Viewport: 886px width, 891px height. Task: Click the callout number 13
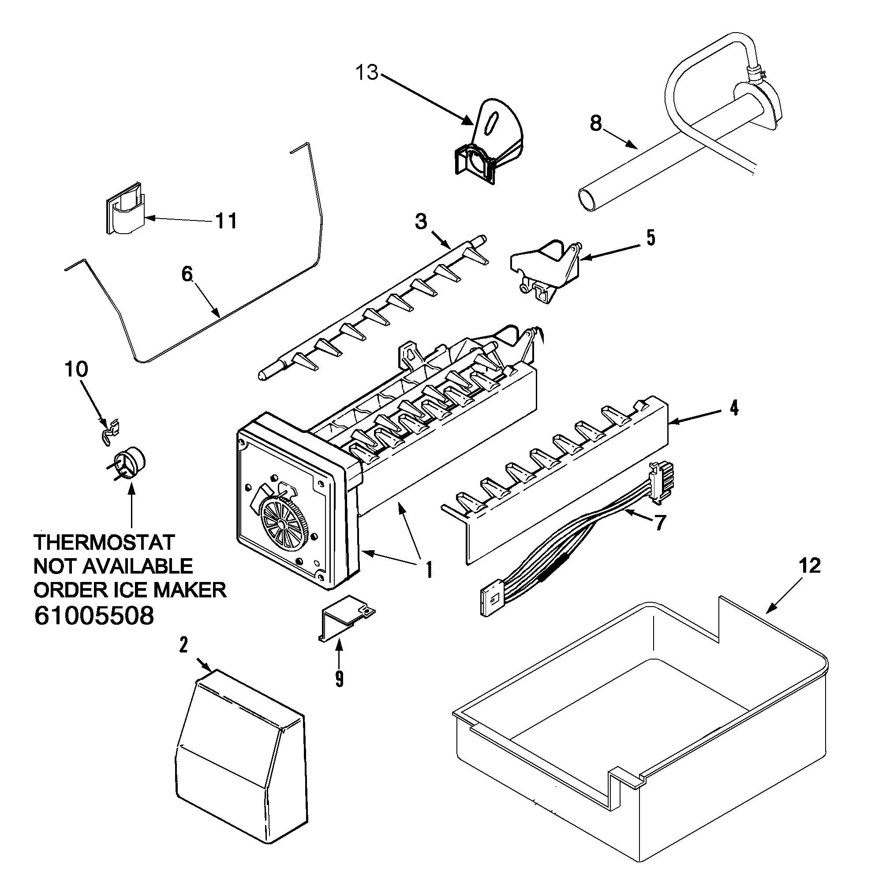point(366,73)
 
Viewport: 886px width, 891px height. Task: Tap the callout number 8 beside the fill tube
point(595,123)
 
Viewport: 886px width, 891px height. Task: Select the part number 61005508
point(94,615)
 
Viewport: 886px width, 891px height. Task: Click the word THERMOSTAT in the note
point(104,542)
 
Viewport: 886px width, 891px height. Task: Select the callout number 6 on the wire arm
point(187,274)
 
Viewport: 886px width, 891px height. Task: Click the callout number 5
point(650,238)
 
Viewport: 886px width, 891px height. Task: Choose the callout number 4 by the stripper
point(734,408)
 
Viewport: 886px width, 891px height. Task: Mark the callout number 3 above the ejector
point(421,222)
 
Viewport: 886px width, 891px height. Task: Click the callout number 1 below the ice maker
point(429,570)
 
